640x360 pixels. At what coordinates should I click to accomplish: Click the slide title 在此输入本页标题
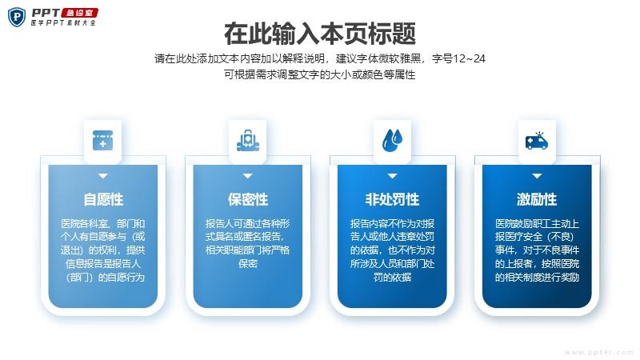coord(320,34)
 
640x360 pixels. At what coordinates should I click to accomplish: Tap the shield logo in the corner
coord(17,17)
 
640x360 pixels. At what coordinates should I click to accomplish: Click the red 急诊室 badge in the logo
coord(79,13)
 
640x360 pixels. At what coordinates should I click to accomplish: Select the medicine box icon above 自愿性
coord(103,141)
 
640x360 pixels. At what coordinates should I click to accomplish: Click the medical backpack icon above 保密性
coord(248,141)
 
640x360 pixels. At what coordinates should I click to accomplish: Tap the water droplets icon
coord(392,141)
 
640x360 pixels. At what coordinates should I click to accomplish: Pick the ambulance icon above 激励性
coord(537,141)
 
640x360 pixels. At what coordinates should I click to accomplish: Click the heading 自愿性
coord(103,199)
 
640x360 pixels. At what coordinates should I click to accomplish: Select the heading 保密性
coord(248,199)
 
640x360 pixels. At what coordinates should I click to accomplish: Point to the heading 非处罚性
coord(392,199)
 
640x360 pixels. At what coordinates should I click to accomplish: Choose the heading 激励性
coord(537,199)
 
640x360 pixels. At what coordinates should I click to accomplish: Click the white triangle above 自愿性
coord(103,176)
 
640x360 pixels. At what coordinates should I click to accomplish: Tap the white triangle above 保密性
coord(248,176)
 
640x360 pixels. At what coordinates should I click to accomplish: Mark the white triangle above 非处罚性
coord(392,176)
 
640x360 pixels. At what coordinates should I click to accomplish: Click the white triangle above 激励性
coord(537,176)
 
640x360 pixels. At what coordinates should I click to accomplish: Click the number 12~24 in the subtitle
coord(469,58)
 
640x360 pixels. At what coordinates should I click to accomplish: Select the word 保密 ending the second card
coord(248,263)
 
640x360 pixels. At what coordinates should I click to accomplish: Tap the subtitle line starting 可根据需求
coord(319,74)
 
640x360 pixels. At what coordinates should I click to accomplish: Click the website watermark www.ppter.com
coord(599,352)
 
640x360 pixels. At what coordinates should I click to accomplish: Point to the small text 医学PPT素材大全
coord(63,23)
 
